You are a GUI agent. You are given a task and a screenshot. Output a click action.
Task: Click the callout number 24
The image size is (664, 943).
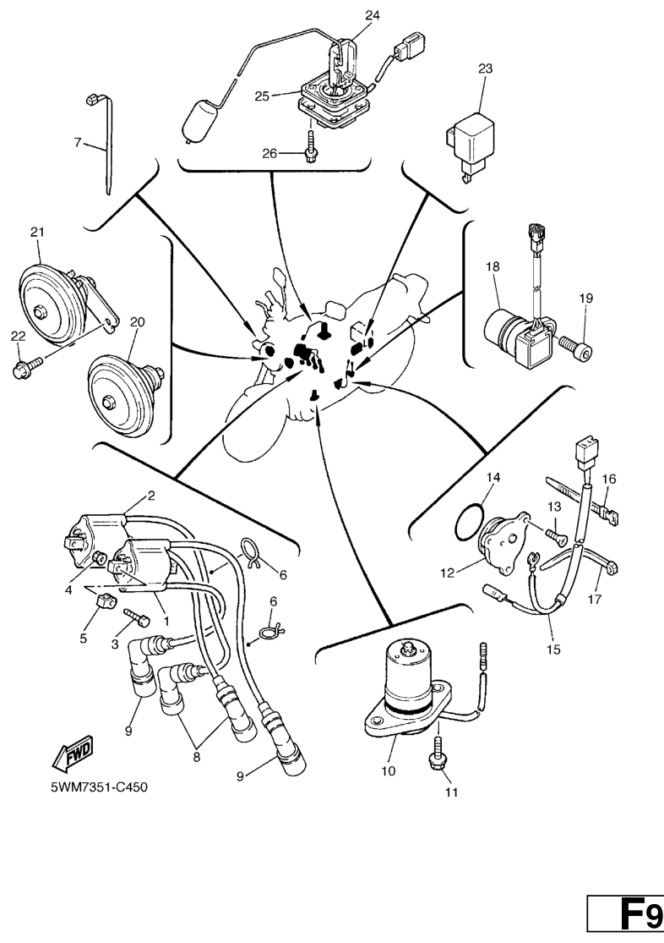pos(373,15)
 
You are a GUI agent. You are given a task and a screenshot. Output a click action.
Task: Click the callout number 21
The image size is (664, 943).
pos(36,231)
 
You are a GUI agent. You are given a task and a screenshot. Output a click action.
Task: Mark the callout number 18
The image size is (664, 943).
pos(493,266)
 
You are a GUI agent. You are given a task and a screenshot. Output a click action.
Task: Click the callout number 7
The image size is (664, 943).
pos(77,142)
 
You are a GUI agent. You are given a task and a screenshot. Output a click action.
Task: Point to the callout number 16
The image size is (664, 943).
pos(608,478)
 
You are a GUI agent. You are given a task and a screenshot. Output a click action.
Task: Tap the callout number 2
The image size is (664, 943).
pos(151,496)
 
